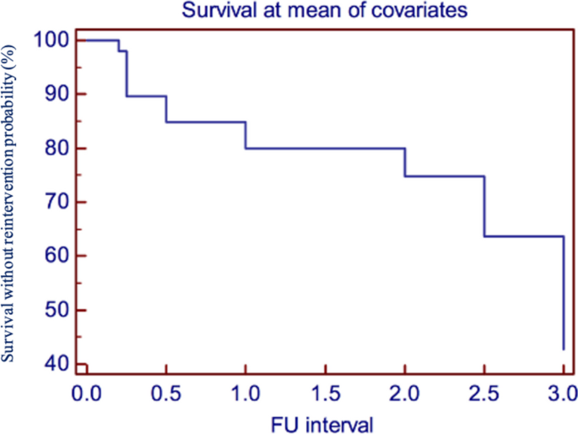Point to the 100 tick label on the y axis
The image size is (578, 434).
click(x=48, y=41)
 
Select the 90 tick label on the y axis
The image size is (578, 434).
click(x=53, y=95)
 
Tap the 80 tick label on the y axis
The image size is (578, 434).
click(x=53, y=149)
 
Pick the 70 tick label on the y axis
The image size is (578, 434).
click(x=53, y=203)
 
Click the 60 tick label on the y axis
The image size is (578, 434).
click(x=53, y=256)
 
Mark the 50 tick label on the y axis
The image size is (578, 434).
click(x=53, y=311)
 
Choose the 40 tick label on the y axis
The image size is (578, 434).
click(x=53, y=364)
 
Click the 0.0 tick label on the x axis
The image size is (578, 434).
click(x=86, y=393)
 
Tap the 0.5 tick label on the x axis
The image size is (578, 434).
click(x=165, y=393)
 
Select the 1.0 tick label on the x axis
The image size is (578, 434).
click(x=246, y=393)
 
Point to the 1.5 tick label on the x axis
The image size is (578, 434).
click(x=325, y=393)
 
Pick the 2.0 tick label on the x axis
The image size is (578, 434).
click(x=405, y=393)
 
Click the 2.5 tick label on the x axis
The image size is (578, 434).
click(x=484, y=393)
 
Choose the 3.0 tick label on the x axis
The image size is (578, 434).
click(x=563, y=393)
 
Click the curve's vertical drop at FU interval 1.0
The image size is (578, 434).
click(x=246, y=135)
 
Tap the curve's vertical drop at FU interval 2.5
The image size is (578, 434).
click(x=484, y=207)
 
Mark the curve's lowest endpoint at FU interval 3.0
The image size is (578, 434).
click(x=564, y=349)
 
